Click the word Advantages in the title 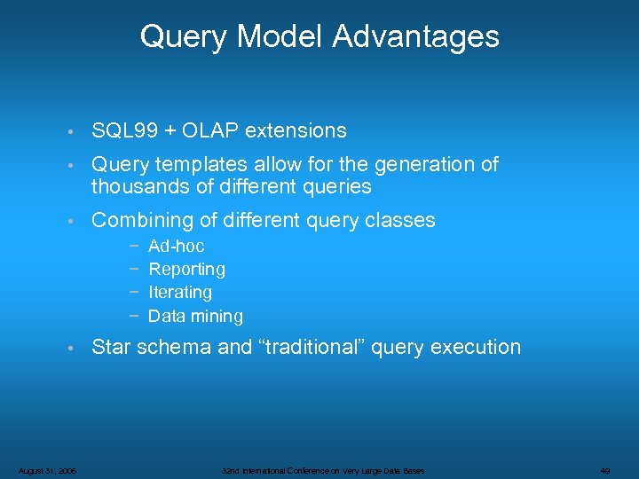pos(416,36)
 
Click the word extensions pos(296,130)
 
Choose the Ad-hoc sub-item pos(176,246)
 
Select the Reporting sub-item pos(186,269)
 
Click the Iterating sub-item pos(180,292)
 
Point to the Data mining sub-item pos(195,316)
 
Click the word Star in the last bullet pos(110,347)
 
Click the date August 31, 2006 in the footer pos(47,470)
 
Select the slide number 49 pos(604,470)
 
